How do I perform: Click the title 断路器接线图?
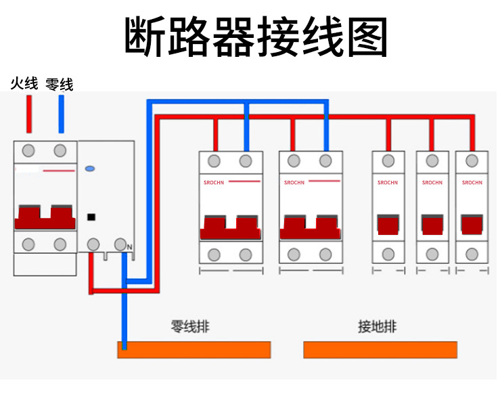256,37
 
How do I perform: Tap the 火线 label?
24,84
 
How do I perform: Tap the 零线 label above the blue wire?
59,85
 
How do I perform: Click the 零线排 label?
190,326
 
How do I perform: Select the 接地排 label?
377,326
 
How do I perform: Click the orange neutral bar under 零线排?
194,349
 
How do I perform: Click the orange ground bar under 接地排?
380,349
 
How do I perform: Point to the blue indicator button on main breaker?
90,168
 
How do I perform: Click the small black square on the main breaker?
91,217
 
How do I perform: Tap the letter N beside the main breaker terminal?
129,248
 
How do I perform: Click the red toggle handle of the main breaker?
45,219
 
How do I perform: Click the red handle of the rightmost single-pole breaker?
472,225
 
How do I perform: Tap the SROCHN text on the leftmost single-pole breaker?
388,183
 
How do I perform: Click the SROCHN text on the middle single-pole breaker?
432,183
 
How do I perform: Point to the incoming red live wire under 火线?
29,114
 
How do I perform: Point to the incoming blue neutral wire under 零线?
62,114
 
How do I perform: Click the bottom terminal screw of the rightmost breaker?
472,255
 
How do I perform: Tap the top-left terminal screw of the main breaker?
28,150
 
